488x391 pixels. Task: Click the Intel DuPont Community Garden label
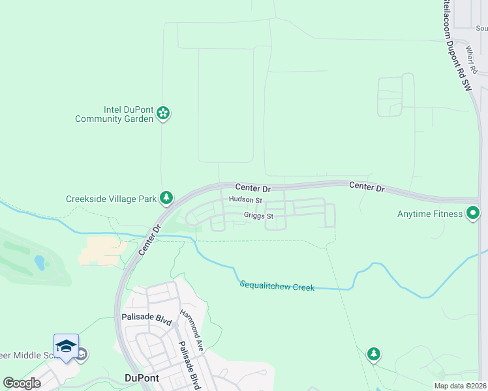(x=114, y=115)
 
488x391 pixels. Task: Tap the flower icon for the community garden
(x=163, y=115)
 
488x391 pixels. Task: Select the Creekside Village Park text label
(x=112, y=198)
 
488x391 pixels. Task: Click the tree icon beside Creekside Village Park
(x=167, y=197)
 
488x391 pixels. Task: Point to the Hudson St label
(x=245, y=200)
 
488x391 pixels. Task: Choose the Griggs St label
(x=258, y=216)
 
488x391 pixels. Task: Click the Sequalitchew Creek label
(x=277, y=285)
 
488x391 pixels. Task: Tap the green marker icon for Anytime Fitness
(x=473, y=213)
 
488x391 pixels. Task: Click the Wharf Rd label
(x=472, y=58)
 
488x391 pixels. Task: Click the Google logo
(x=22, y=383)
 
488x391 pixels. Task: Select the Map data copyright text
(x=459, y=386)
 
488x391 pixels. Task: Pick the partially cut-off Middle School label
(x=26, y=355)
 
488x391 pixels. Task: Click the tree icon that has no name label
(x=373, y=355)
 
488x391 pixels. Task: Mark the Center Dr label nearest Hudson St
(x=252, y=188)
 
